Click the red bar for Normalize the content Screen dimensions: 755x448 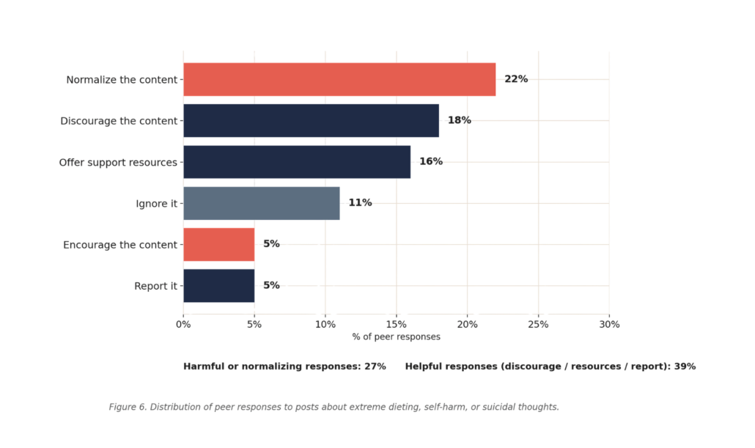[x=339, y=79]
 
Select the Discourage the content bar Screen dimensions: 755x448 [x=311, y=120]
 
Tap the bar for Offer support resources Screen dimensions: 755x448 [x=297, y=162]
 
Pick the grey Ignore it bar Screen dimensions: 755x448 [x=262, y=203]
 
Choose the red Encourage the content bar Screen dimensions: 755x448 [x=219, y=245]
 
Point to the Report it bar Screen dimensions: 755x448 [x=219, y=286]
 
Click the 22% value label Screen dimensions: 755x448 [x=516, y=79]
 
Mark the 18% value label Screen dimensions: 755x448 [x=460, y=120]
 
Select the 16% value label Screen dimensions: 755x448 [x=431, y=161]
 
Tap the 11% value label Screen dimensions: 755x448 [x=360, y=203]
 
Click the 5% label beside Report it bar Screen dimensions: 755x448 [x=271, y=285]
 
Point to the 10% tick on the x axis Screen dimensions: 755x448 [x=325, y=325]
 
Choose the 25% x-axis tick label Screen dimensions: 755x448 [x=538, y=325]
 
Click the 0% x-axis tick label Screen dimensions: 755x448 [x=183, y=325]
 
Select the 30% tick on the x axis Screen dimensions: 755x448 [x=609, y=325]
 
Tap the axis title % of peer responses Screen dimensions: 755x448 [x=397, y=337]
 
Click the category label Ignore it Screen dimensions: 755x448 [x=156, y=204]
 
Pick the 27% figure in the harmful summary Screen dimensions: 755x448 [x=375, y=367]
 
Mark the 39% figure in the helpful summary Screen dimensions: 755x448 [x=685, y=367]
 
